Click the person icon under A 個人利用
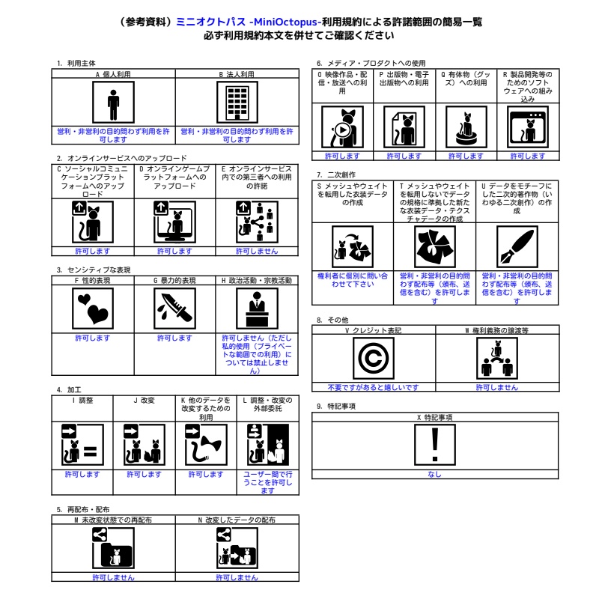(x=114, y=103)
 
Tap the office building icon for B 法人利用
(x=237, y=103)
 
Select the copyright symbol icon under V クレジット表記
(x=373, y=359)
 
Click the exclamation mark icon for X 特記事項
(x=435, y=445)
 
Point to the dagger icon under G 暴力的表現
(x=174, y=308)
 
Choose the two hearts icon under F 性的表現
(x=93, y=308)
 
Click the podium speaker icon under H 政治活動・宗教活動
(x=257, y=308)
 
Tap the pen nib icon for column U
(x=517, y=247)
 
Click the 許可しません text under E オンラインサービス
(x=257, y=251)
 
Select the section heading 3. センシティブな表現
(x=94, y=270)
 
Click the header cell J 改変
(x=144, y=401)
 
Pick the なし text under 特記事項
(x=435, y=474)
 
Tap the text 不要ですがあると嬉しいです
(x=373, y=387)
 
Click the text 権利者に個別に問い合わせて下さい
(x=353, y=280)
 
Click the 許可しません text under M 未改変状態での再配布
(x=114, y=577)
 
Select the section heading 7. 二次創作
(x=336, y=174)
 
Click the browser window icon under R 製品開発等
(x=528, y=127)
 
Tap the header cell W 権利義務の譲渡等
(x=497, y=330)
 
